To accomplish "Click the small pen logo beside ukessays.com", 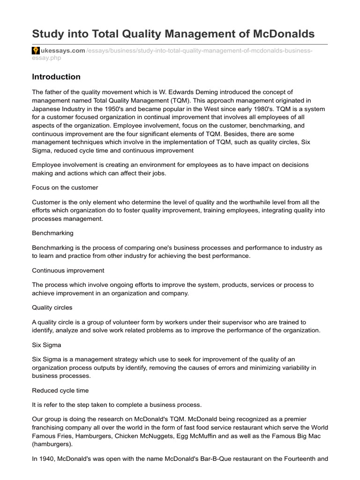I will click(35, 51).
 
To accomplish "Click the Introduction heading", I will click(56, 77).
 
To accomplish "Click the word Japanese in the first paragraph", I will click(46, 109).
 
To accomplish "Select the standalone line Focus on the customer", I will click(65, 187).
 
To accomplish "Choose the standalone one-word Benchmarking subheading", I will click(52, 232).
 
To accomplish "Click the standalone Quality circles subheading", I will click(52, 307).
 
